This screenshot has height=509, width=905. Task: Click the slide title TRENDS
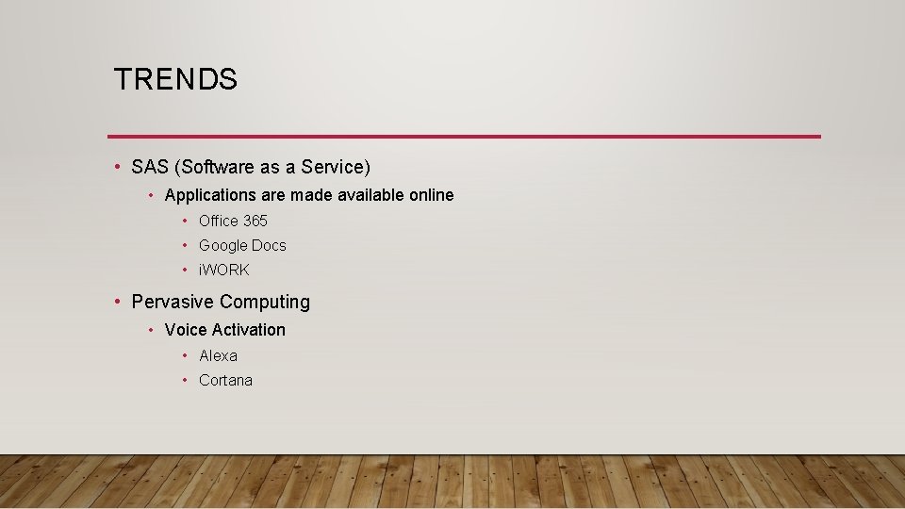175,79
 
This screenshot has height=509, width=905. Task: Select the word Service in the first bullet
334,167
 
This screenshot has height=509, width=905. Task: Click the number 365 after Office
255,221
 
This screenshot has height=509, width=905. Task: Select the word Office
219,221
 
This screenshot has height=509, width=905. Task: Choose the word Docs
270,245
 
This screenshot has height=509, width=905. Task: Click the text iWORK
224,270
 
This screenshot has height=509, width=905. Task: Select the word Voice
185,330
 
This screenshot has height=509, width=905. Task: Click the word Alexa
218,355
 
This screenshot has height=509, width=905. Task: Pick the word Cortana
225,380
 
